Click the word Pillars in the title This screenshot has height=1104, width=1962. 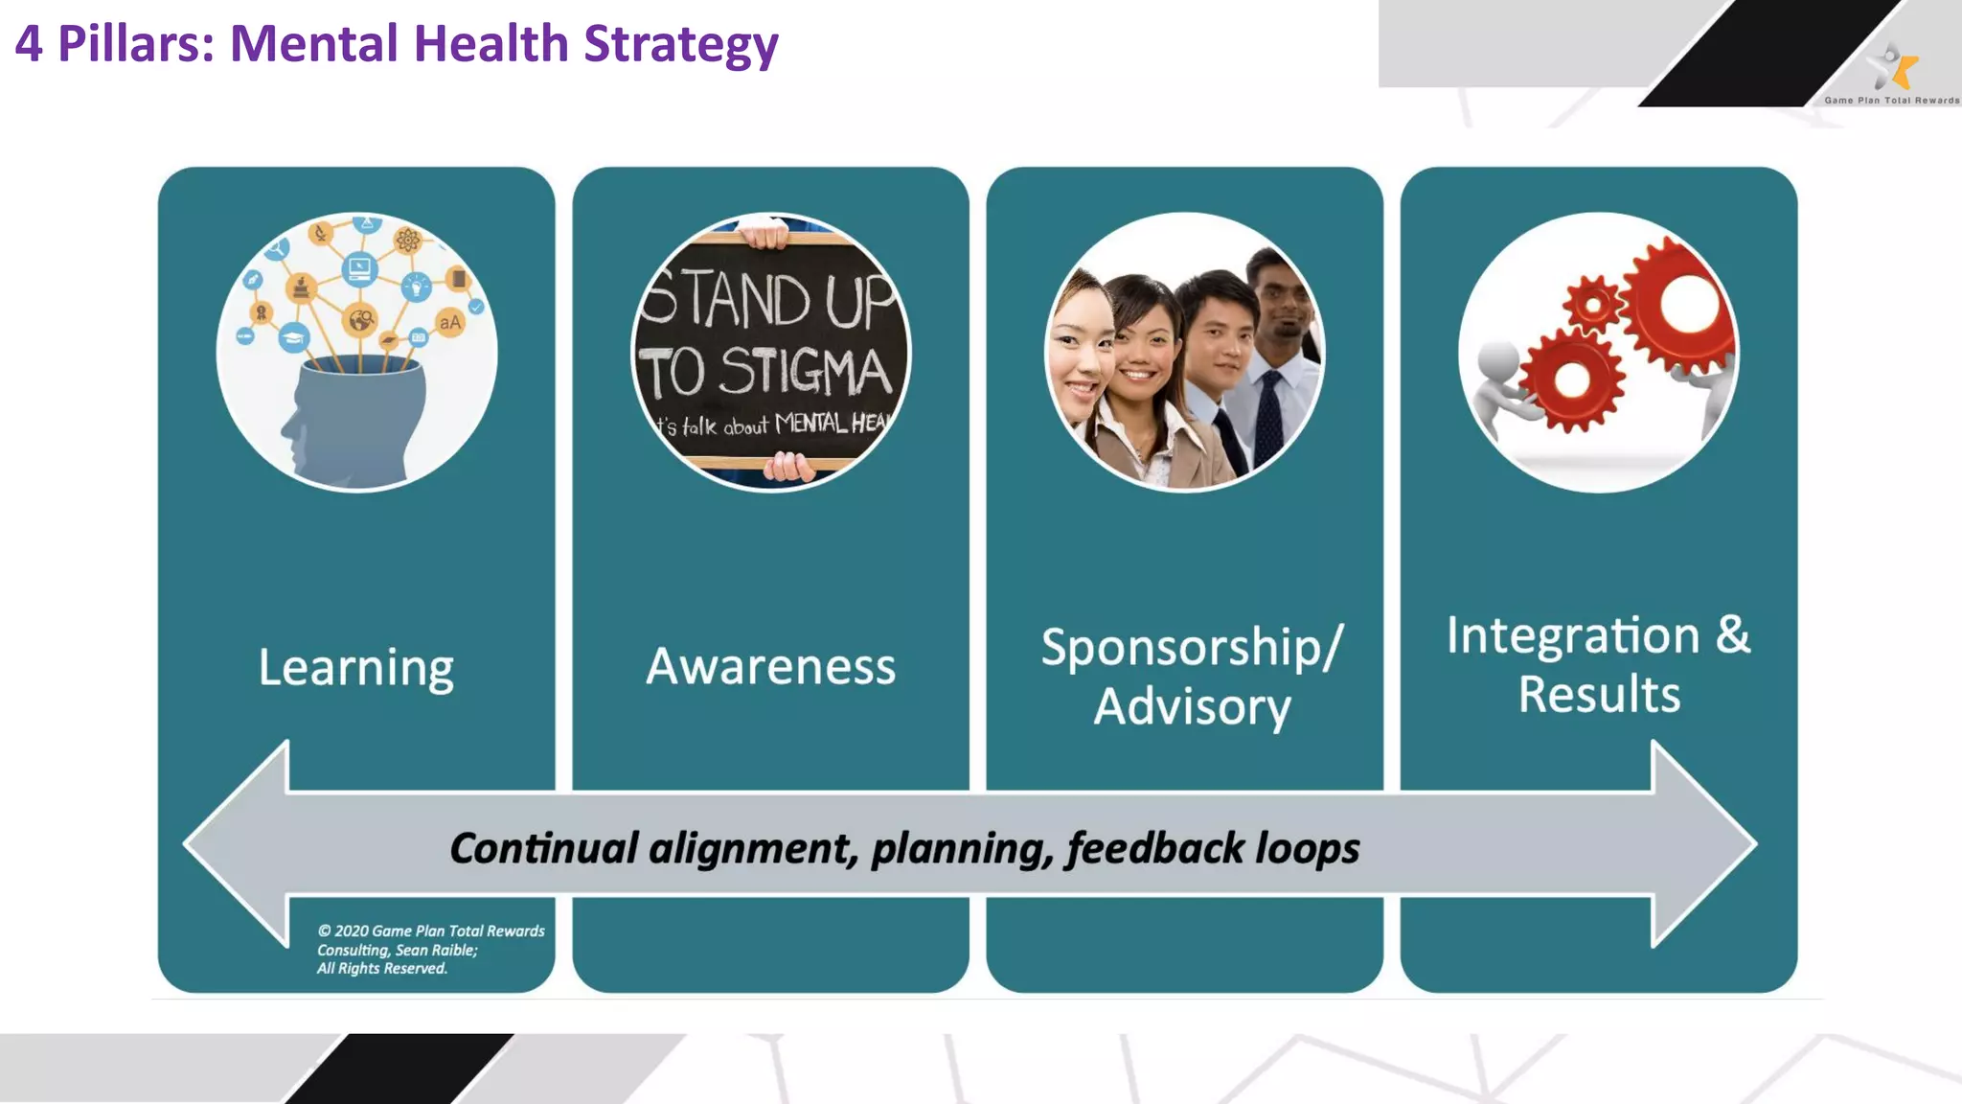pos(135,44)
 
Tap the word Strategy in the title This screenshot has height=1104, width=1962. pos(681,44)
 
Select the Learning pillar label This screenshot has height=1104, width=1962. pos(356,667)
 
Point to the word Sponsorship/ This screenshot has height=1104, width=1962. pos(1192,648)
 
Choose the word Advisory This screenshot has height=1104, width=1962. pos(1193,707)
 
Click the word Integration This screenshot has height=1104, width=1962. pos(1573,635)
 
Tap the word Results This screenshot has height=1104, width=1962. pos(1599,695)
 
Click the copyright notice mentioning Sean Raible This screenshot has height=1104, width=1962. pos(430,950)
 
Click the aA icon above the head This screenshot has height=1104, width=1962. pos(449,322)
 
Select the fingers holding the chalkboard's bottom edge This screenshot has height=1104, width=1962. pos(787,467)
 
